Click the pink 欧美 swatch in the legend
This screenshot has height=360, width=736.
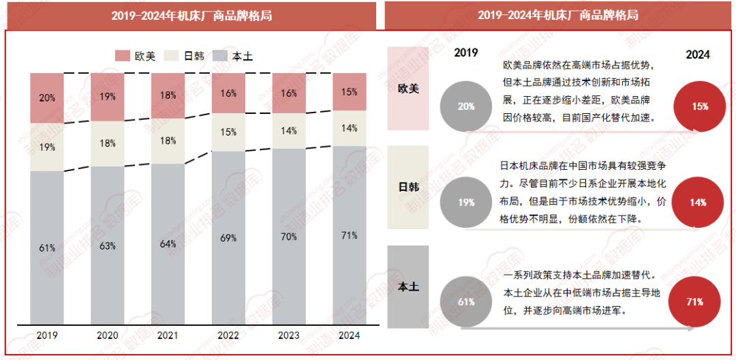pos(123,56)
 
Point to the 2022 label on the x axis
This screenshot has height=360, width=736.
pos(228,335)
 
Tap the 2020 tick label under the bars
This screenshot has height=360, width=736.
pos(108,335)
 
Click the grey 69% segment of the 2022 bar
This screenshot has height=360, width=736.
pos(228,238)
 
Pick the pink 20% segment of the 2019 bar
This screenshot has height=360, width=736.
pos(47,97)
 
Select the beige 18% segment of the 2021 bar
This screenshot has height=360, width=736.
pos(168,141)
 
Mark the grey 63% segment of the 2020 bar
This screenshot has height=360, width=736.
pos(108,245)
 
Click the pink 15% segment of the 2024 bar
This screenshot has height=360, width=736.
pos(349,92)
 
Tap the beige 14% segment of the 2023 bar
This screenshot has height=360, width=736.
pos(289,131)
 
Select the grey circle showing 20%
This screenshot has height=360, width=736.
pos(466,106)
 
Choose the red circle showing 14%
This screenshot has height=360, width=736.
pos(697,202)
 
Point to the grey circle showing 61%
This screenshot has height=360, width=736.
pos(466,301)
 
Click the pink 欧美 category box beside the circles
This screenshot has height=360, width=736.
pos(408,89)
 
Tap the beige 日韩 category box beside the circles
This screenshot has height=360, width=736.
pos(408,187)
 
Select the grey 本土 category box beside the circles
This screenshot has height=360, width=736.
pos(408,287)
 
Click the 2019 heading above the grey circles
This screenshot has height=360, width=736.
pos(466,53)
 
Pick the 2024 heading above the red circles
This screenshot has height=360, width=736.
pos(697,55)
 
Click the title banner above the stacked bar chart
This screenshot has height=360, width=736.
pos(191,15)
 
